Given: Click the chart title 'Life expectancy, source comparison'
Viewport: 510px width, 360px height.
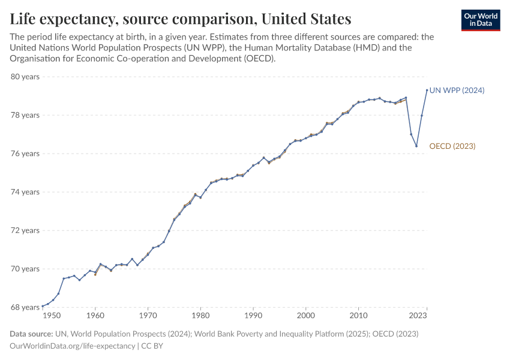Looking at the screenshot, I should coord(181,19).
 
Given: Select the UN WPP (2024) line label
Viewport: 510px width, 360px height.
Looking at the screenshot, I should coord(457,90).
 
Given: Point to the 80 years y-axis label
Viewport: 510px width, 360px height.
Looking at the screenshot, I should coord(25,77).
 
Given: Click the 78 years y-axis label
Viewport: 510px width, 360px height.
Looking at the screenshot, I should coord(25,115).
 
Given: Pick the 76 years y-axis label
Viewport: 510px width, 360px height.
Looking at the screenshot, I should coord(25,154).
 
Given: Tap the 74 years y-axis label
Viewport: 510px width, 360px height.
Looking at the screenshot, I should coord(25,192).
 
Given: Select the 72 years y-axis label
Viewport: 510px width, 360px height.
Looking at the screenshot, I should coord(25,230).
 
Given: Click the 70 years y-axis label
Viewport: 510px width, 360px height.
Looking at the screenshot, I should coord(25,269).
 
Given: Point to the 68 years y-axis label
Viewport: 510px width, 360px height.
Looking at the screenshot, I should coord(25,307).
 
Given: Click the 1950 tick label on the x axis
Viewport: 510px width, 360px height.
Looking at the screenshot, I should coord(52,315).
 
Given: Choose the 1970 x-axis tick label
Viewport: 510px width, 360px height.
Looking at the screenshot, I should coord(148,315).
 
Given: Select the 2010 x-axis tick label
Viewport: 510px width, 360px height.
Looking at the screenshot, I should coord(359,315).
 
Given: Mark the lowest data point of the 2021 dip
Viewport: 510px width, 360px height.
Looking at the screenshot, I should coord(416,146).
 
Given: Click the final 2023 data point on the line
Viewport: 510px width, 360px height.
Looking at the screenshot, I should coord(427,90).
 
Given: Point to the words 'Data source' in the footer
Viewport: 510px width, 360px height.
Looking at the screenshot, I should coord(31,334).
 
